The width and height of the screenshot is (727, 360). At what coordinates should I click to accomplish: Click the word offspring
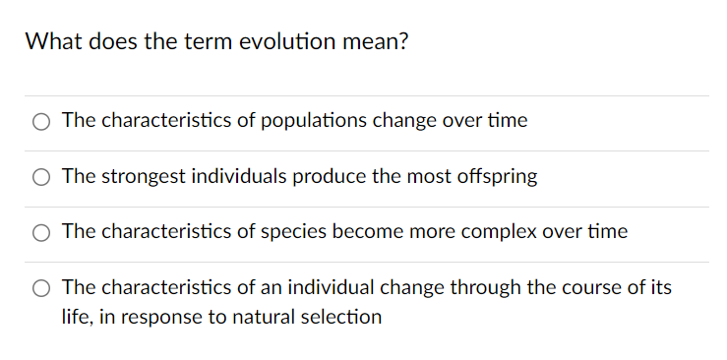click(496, 177)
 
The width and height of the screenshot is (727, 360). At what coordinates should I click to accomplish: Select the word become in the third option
click(388, 232)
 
